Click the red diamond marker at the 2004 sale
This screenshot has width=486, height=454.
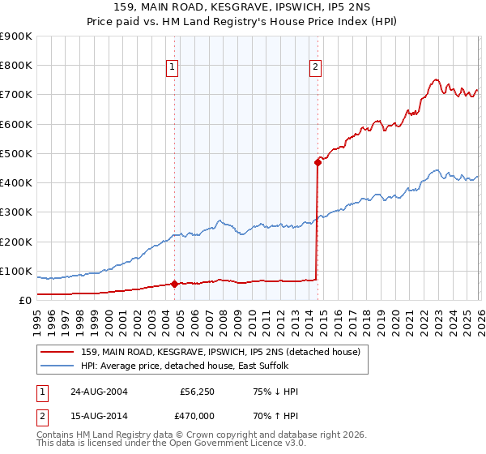click(x=174, y=284)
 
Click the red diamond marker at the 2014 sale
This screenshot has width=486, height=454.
click(x=318, y=162)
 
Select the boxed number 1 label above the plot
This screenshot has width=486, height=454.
click(x=173, y=68)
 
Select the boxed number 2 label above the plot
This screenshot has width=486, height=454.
click(x=315, y=68)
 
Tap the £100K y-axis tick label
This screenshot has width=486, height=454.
click(x=16, y=271)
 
